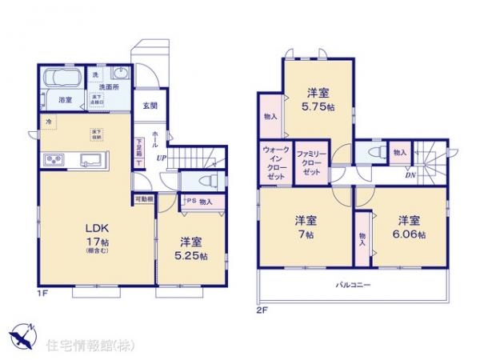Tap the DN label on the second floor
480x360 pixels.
coord(409,176)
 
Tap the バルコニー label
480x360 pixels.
coord(352,285)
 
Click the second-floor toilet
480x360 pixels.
coord(373,152)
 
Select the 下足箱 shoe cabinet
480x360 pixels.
coord(139,152)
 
